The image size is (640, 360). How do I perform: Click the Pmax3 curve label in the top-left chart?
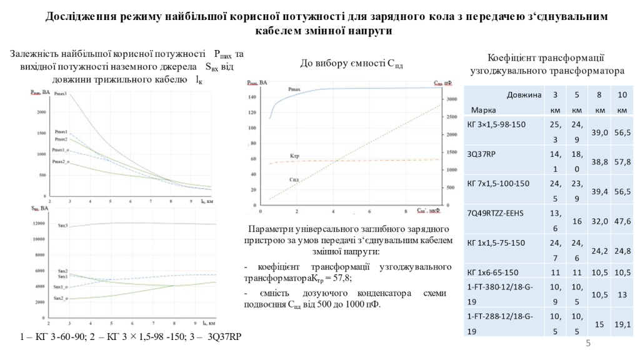pos(60,94)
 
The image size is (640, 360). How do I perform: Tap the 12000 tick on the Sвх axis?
pos(38,223)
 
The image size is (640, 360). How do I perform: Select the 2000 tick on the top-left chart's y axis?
pos(42,112)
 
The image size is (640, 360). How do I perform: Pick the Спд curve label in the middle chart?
pos(293,179)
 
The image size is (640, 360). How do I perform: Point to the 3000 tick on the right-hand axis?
pos(451,99)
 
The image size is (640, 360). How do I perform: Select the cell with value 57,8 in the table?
pos(622,161)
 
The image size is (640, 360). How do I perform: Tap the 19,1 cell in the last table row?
pos(622,324)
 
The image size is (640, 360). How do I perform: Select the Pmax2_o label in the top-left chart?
pos(60,162)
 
